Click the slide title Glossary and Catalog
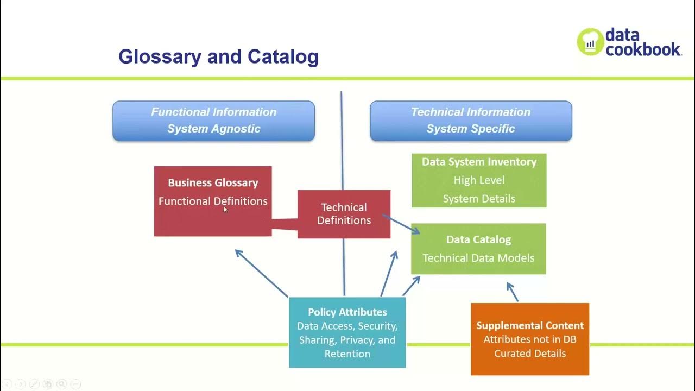[218, 56]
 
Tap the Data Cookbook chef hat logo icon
[590, 42]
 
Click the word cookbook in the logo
[643, 49]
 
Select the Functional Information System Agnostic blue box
[213, 121]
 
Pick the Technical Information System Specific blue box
[471, 121]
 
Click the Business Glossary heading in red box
[213, 183]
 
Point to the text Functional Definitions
[213, 201]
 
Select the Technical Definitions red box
[344, 214]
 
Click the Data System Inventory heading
[479, 162]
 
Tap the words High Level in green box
[479, 180]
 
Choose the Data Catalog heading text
[478, 239]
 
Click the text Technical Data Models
[478, 258]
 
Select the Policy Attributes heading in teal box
[347, 312]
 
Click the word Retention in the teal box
[347, 354]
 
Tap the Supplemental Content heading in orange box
[530, 326]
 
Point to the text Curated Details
[530, 354]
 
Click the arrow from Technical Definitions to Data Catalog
[401, 224]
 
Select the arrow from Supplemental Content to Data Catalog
[513, 292]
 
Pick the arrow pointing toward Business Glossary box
[261, 273]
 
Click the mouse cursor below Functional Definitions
[226, 210]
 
